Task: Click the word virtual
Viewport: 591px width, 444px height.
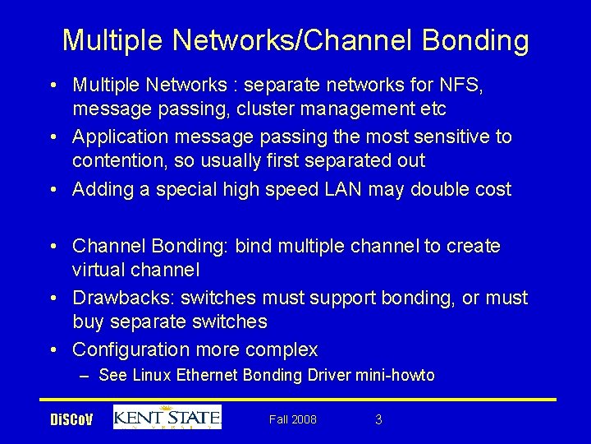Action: click(x=98, y=270)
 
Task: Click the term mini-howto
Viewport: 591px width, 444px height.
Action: click(x=395, y=376)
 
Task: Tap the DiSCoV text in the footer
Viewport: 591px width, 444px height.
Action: click(x=72, y=420)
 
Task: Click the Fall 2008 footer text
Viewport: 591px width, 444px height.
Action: click(x=293, y=419)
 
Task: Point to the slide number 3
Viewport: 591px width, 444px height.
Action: click(x=378, y=419)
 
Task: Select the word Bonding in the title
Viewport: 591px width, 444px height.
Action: click(x=465, y=39)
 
